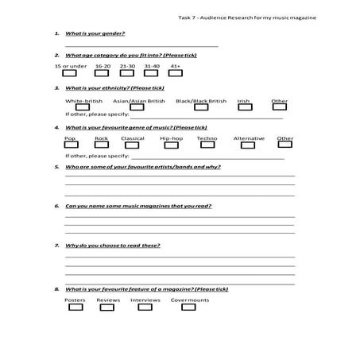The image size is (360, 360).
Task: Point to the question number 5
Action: point(56,167)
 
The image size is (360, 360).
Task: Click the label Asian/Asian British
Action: point(139,101)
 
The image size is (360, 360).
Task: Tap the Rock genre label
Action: point(101,138)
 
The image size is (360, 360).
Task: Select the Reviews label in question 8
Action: point(108,300)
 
